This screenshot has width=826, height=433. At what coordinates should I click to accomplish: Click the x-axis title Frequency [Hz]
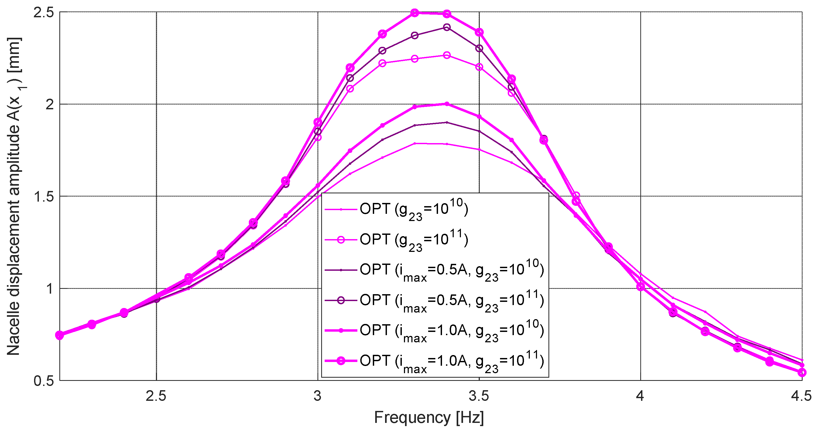point(429,418)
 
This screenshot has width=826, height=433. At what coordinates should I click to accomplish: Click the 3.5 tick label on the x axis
point(479,396)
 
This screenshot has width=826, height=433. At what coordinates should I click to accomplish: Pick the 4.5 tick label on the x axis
point(801,396)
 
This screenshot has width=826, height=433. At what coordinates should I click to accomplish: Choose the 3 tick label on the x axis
point(317,396)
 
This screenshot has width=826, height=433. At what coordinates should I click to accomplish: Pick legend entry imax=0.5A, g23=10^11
point(452,301)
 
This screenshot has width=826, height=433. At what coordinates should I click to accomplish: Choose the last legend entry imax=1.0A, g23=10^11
point(452,361)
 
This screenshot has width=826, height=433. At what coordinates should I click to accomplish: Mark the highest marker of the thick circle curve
point(415,13)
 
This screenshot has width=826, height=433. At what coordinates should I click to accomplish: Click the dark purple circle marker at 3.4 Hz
point(447,27)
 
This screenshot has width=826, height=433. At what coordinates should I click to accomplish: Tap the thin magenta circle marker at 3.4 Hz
point(447,55)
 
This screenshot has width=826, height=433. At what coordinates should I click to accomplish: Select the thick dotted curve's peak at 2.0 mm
point(447,104)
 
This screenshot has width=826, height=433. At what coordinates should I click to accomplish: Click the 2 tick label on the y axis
point(49,105)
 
